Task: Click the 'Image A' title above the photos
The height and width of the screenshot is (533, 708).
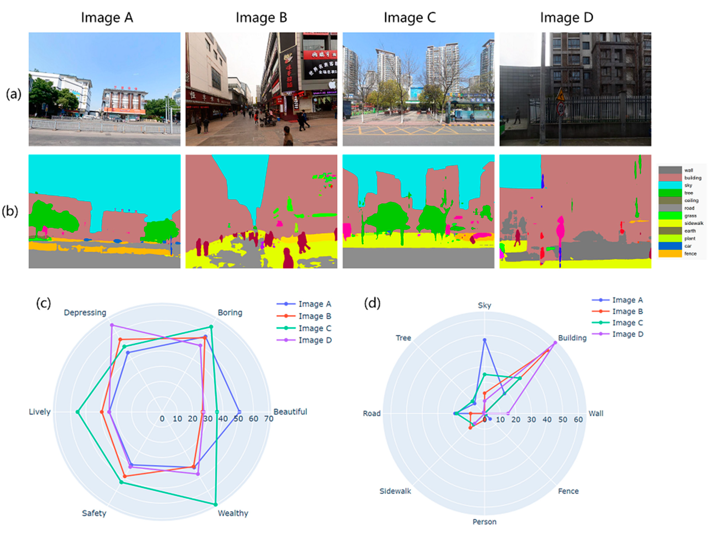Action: click(x=107, y=18)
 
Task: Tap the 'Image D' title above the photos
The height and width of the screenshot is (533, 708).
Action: click(x=567, y=18)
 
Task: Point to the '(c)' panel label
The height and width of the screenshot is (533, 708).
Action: click(x=44, y=303)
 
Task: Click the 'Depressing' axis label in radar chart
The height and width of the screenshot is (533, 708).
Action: click(x=85, y=313)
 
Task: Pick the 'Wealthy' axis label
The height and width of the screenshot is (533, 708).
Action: click(x=233, y=513)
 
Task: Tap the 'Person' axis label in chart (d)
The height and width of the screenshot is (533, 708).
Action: click(x=484, y=522)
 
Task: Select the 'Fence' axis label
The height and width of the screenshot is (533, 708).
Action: click(x=568, y=491)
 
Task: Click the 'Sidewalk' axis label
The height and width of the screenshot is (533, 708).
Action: click(x=395, y=491)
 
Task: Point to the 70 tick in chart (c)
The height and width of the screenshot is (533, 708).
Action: click(x=269, y=419)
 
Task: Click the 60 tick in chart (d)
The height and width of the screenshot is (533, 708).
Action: click(x=578, y=420)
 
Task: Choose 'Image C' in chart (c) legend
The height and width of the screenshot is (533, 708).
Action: click(x=315, y=328)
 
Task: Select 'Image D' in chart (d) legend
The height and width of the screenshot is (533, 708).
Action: click(x=627, y=334)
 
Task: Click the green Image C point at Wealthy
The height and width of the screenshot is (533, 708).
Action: click(x=215, y=504)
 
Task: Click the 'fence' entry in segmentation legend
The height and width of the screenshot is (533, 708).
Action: click(x=690, y=254)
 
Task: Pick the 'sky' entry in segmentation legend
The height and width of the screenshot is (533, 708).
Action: click(x=688, y=185)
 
